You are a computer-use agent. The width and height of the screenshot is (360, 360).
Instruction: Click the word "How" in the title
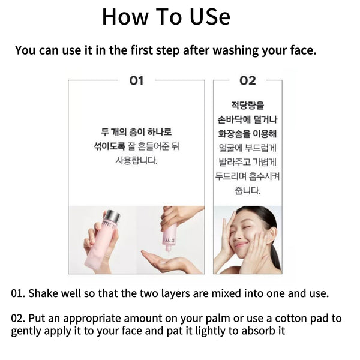pyautogui.click(x=125, y=17)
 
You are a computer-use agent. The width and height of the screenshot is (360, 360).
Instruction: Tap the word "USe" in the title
pyautogui.click(x=210, y=17)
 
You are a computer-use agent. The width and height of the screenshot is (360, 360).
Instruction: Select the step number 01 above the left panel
pyautogui.click(x=136, y=80)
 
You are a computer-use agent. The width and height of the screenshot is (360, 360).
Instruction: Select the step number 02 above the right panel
pyautogui.click(x=247, y=80)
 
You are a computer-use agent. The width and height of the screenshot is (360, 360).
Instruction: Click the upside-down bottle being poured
pyautogui.click(x=170, y=236)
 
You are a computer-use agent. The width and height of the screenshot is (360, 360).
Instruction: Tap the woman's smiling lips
pyautogui.click(x=242, y=244)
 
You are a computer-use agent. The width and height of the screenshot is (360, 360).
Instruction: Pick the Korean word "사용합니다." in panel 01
pyautogui.click(x=136, y=160)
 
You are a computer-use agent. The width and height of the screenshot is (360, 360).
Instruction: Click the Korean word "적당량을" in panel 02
pyautogui.click(x=247, y=106)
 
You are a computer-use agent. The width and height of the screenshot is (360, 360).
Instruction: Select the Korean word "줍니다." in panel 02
pyautogui.click(x=247, y=191)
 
